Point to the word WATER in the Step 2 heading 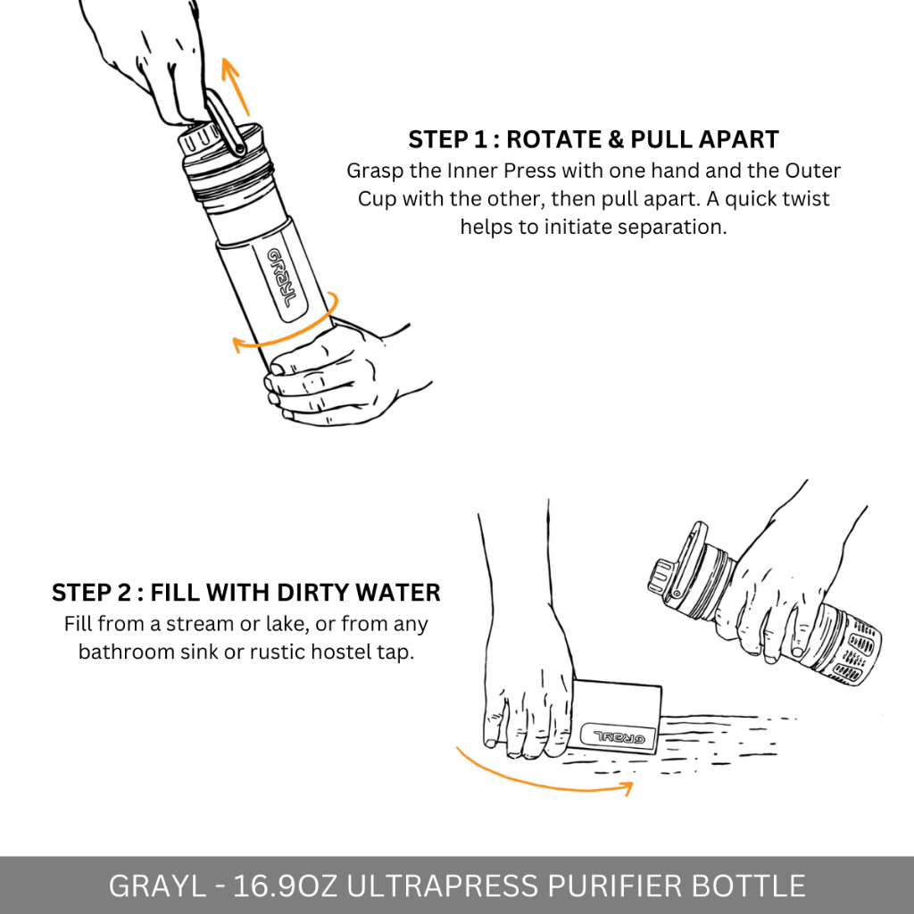[x=398, y=593]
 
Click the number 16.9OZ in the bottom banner [x=285, y=886]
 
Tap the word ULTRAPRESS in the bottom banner [x=443, y=886]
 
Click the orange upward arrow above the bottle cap [x=236, y=87]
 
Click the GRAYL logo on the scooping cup [x=619, y=738]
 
